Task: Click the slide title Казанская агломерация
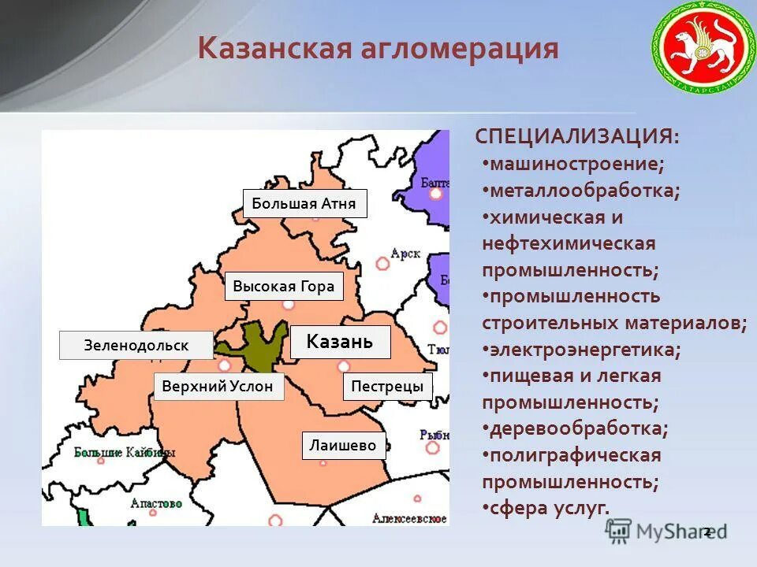point(378,50)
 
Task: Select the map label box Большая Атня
point(304,204)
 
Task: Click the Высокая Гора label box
point(284,287)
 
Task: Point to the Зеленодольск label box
point(136,346)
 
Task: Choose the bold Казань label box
point(340,342)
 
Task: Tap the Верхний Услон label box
point(218,386)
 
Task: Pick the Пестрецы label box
point(387,387)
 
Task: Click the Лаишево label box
point(343,446)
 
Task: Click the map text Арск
point(405,254)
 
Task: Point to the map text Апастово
point(156,503)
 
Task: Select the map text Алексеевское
point(410,519)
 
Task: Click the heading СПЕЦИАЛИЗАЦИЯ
point(576,136)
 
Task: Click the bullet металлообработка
point(584,191)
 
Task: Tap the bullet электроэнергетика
point(584,349)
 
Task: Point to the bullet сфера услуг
point(549,508)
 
